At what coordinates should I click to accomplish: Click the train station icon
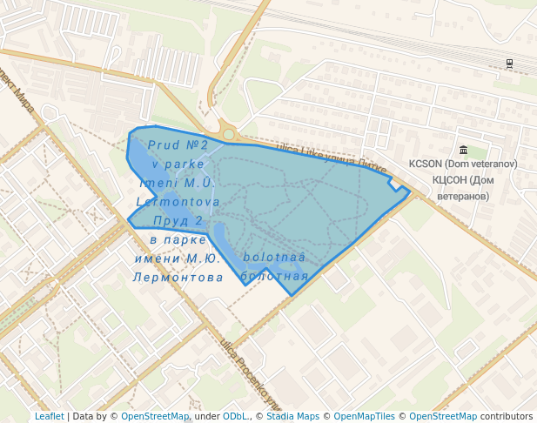(x=508, y=64)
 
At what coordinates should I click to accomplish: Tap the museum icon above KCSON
(x=462, y=151)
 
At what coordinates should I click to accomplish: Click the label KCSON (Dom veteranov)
(x=463, y=164)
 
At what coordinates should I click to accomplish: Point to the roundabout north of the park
(x=229, y=134)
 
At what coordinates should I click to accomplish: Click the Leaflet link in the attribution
(x=49, y=416)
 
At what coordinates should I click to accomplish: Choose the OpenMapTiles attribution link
(x=364, y=416)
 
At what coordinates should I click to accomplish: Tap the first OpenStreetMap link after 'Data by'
(x=154, y=416)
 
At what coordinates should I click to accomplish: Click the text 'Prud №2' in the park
(x=178, y=144)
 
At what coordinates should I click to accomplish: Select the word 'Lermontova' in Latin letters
(x=178, y=201)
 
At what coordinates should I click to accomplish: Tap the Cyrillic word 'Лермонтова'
(x=178, y=277)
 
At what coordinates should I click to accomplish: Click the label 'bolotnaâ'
(x=274, y=258)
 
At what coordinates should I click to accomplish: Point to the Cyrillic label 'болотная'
(x=274, y=276)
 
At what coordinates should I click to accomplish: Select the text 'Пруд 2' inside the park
(x=178, y=220)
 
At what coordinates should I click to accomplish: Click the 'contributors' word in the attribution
(x=507, y=416)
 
